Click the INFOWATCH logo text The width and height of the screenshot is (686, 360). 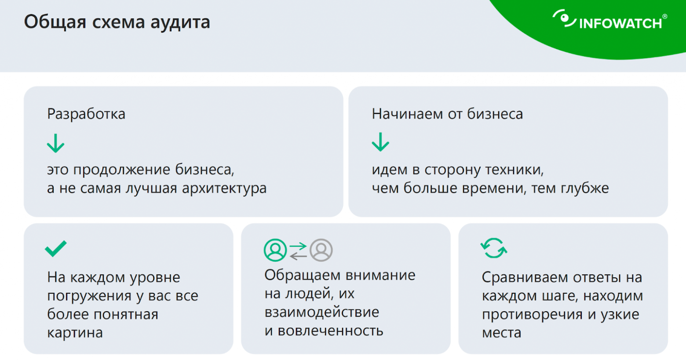click(620, 23)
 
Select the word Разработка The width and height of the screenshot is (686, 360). click(86, 114)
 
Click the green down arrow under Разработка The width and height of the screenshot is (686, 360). click(56, 143)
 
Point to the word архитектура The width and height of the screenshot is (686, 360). click(224, 189)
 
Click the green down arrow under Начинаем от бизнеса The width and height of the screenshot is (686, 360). click(380, 142)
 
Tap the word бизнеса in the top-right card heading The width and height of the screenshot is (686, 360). click(495, 114)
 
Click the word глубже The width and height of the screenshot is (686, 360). click(584, 188)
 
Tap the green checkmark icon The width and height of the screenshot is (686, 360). click(56, 248)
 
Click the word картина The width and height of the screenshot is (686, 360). click(75, 333)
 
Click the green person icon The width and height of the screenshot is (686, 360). click(275, 250)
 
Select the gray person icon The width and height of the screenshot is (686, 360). click(321, 250)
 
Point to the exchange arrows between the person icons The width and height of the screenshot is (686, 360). click(298, 251)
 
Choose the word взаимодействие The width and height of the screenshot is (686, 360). click(321, 312)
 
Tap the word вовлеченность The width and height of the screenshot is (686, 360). click(330, 331)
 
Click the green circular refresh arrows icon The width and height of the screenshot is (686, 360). click(493, 248)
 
